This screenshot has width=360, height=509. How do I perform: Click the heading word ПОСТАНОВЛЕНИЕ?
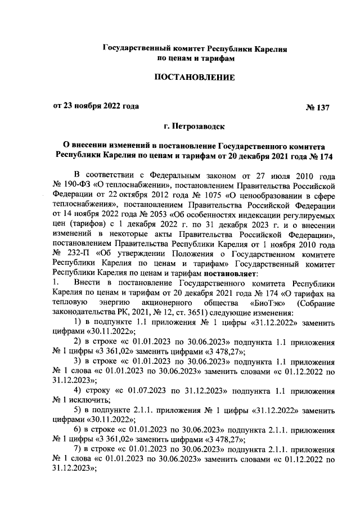tap(194, 76)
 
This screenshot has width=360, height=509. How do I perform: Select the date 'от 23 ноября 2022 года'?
tap(95, 106)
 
